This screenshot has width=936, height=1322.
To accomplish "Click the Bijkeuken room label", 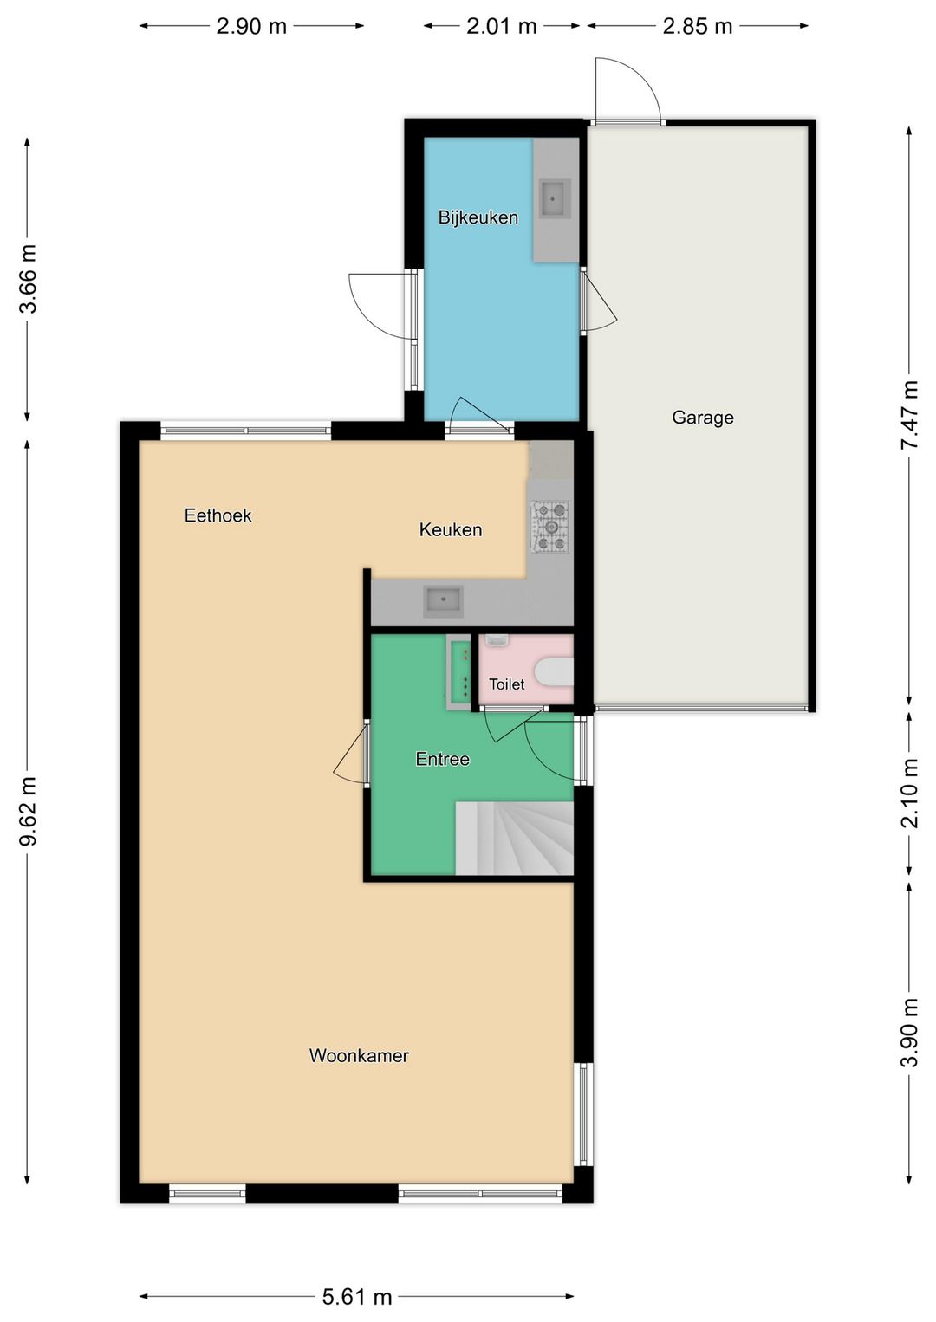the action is pos(478,217).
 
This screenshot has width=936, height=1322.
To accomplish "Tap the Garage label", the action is pos(702,418).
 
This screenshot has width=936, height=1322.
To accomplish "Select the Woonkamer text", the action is pos(359,1055).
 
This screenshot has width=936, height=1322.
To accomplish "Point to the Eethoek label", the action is pos(218,515).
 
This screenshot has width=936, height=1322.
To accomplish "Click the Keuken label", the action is pos(450,529).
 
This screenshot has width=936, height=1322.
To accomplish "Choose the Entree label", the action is pos(442,758).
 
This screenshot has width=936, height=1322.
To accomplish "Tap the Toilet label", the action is pos(507,684).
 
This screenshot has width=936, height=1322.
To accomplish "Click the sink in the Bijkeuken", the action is pos(555,199).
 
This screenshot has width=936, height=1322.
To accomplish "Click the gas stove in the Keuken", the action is pos(550,527).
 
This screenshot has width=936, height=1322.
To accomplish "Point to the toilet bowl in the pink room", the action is pos(553,672).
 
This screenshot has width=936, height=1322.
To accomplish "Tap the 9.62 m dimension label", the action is pos(28,811).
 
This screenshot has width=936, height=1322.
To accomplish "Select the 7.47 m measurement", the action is pos(909,415).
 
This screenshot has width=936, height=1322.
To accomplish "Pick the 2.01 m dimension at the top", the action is pos(501,26).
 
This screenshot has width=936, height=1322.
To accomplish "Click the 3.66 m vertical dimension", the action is pos(28,278).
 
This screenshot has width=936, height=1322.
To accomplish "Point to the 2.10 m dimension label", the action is pos(909,794).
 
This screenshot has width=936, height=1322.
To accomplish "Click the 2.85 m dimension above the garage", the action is pos(698,26).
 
